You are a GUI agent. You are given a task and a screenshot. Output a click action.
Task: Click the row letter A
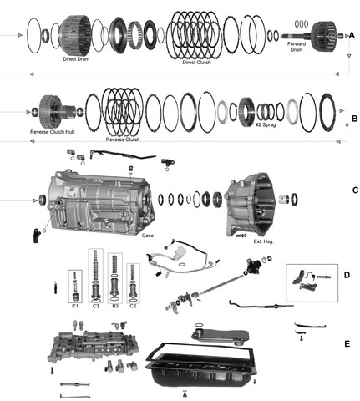[352, 36]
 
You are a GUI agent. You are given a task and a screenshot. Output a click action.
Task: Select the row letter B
[354, 119]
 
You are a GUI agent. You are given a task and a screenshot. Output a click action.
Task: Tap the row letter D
[347, 275]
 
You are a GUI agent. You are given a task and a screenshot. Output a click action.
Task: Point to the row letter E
[347, 344]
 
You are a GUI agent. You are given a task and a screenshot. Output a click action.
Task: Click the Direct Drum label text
[76, 59]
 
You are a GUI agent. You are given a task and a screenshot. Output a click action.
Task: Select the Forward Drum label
[297, 47]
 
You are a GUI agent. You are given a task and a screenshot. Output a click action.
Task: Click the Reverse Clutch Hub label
[53, 132]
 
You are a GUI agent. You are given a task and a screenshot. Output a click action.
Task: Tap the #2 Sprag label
[266, 124]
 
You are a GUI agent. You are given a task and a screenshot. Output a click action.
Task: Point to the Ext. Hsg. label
[263, 241]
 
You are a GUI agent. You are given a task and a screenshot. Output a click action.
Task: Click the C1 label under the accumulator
[75, 306]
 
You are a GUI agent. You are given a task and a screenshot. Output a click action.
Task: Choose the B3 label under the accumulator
[115, 306]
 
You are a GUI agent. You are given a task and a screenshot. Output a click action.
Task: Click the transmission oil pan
[201, 367]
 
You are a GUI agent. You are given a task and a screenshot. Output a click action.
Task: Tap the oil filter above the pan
[220, 336]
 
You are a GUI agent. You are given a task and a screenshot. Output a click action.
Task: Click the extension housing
[250, 205]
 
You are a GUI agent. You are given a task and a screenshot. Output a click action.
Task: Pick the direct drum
[74, 36]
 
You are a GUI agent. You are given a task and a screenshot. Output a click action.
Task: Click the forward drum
[324, 36]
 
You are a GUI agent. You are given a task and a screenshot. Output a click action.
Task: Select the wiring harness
[182, 257]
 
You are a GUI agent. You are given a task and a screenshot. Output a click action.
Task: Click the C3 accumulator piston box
[95, 276]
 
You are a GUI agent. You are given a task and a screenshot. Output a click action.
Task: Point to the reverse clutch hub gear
[51, 111]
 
